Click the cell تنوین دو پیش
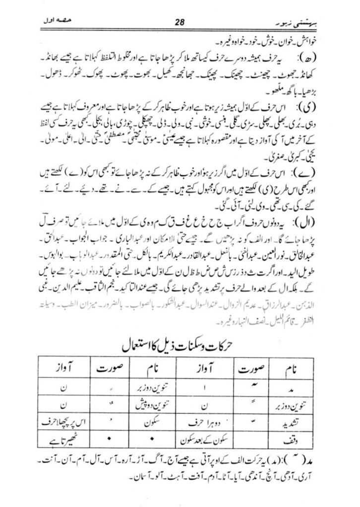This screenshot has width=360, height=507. pyautogui.click(x=150, y=404)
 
